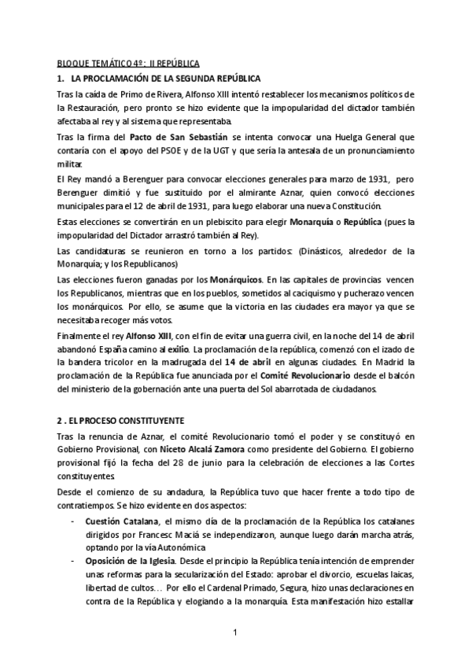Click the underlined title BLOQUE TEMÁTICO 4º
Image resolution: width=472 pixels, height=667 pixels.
98,61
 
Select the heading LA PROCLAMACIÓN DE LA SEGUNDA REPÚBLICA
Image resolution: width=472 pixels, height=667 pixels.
164,78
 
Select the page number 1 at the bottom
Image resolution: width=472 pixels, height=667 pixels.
235,632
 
